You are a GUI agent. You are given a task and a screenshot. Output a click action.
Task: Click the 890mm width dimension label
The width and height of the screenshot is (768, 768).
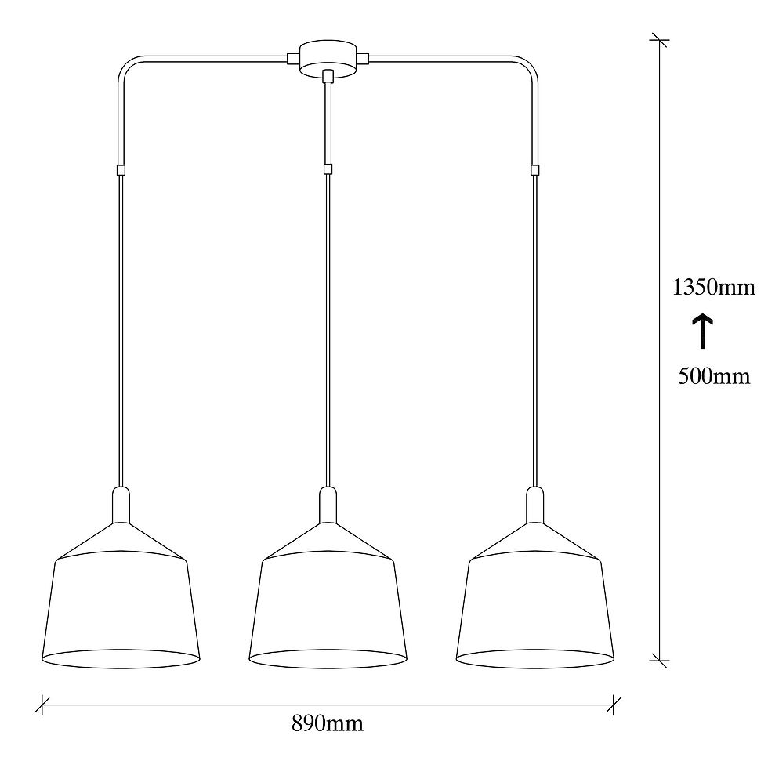(328, 723)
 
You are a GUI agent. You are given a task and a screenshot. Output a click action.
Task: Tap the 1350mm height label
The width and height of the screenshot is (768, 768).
(713, 288)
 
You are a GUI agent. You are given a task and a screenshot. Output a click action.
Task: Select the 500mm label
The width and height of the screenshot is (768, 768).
(714, 377)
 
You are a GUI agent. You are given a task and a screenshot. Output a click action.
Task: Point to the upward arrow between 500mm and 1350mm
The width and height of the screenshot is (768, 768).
(703, 331)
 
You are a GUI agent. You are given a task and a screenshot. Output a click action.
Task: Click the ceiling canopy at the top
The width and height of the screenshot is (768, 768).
(328, 59)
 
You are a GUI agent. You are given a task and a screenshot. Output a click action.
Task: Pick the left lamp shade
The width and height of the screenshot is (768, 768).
(121, 595)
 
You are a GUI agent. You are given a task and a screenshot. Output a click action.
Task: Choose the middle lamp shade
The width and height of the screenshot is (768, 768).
(328, 595)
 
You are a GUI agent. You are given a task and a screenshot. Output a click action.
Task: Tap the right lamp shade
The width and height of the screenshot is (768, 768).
(534, 595)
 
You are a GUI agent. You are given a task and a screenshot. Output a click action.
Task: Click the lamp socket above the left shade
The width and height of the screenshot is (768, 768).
(121, 505)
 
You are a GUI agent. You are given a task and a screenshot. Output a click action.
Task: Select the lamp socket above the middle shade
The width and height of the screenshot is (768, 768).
(328, 505)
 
